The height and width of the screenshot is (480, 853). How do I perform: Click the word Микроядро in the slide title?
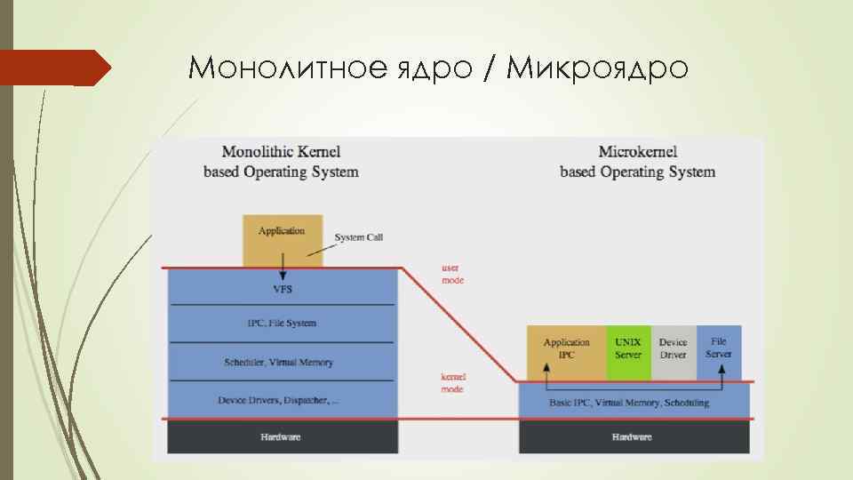(x=597, y=67)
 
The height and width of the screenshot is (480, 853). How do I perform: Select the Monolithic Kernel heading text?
(x=281, y=162)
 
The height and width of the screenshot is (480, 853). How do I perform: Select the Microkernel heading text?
(x=637, y=162)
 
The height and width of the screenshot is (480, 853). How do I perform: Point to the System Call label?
(x=358, y=237)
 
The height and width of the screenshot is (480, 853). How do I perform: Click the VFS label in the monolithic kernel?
(x=282, y=289)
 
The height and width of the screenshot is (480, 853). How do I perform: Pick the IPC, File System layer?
(x=282, y=324)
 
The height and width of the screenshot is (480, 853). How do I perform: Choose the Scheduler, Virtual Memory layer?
(x=282, y=362)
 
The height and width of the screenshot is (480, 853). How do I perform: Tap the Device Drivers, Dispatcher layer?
(x=278, y=400)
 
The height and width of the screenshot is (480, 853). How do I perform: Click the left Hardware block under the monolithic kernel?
(x=281, y=436)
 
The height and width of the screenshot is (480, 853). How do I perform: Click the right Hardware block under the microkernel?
(x=632, y=436)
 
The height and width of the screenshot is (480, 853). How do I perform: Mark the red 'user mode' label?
(x=453, y=274)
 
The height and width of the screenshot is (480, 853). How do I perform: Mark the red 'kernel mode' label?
(x=453, y=383)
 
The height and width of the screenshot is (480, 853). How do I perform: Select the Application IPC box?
(x=566, y=348)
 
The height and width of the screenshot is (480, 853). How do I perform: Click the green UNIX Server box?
(x=628, y=348)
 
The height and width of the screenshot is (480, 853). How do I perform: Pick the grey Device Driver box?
(x=674, y=348)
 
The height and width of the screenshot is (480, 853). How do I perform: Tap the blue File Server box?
(x=719, y=348)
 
